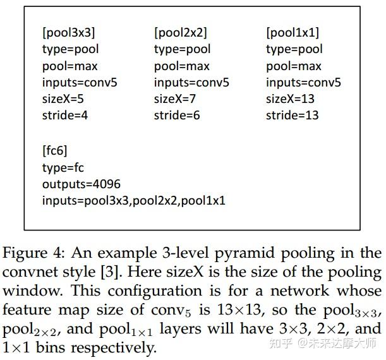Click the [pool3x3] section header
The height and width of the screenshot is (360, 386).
coord(69,32)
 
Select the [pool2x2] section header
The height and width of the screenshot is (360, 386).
coord(181,32)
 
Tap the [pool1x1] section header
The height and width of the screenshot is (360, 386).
coord(293,32)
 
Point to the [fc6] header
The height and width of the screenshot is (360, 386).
coord(55,150)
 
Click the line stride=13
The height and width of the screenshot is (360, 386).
coord(293,115)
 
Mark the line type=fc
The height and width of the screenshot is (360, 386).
coord(63,167)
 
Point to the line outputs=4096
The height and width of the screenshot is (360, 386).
coord(81,184)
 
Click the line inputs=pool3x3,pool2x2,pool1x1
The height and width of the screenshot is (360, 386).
coord(134,201)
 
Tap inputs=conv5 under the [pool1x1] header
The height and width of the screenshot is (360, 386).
coord(303,82)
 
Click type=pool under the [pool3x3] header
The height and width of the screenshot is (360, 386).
coord(71,49)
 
